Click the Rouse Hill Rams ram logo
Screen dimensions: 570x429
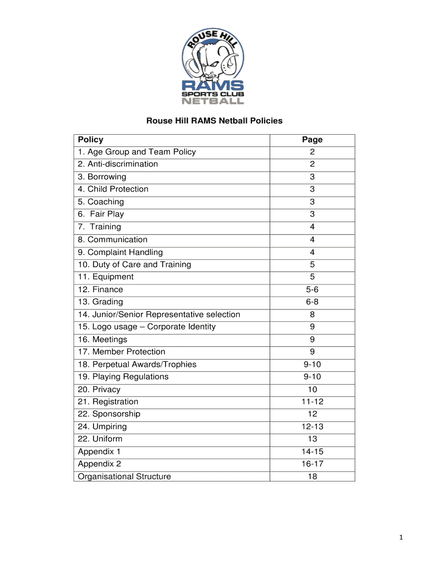tap(214, 67)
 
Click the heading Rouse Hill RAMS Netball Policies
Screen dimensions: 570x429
tap(214, 120)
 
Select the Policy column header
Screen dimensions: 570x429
tap(91, 140)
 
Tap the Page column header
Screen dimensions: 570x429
tap(312, 140)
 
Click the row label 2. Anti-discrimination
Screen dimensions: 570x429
tap(118, 164)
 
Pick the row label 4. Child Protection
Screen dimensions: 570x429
tap(113, 189)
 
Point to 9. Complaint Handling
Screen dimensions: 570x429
tap(120, 252)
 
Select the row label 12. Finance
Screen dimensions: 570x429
tap(100, 289)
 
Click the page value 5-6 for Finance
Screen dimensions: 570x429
tap(312, 289)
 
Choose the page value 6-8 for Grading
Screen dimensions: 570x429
tap(312, 302)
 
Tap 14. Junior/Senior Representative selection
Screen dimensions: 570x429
tap(159, 315)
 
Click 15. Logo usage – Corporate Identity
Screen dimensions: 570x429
tap(147, 327)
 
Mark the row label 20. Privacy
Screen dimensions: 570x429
tap(99, 389)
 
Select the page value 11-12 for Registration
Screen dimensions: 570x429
tap(312, 401)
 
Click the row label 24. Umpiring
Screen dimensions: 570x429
tap(103, 426)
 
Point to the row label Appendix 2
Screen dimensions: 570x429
tap(100, 464)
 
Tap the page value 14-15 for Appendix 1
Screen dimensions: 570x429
tap(312, 451)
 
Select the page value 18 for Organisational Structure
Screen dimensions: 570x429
tap(312, 476)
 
